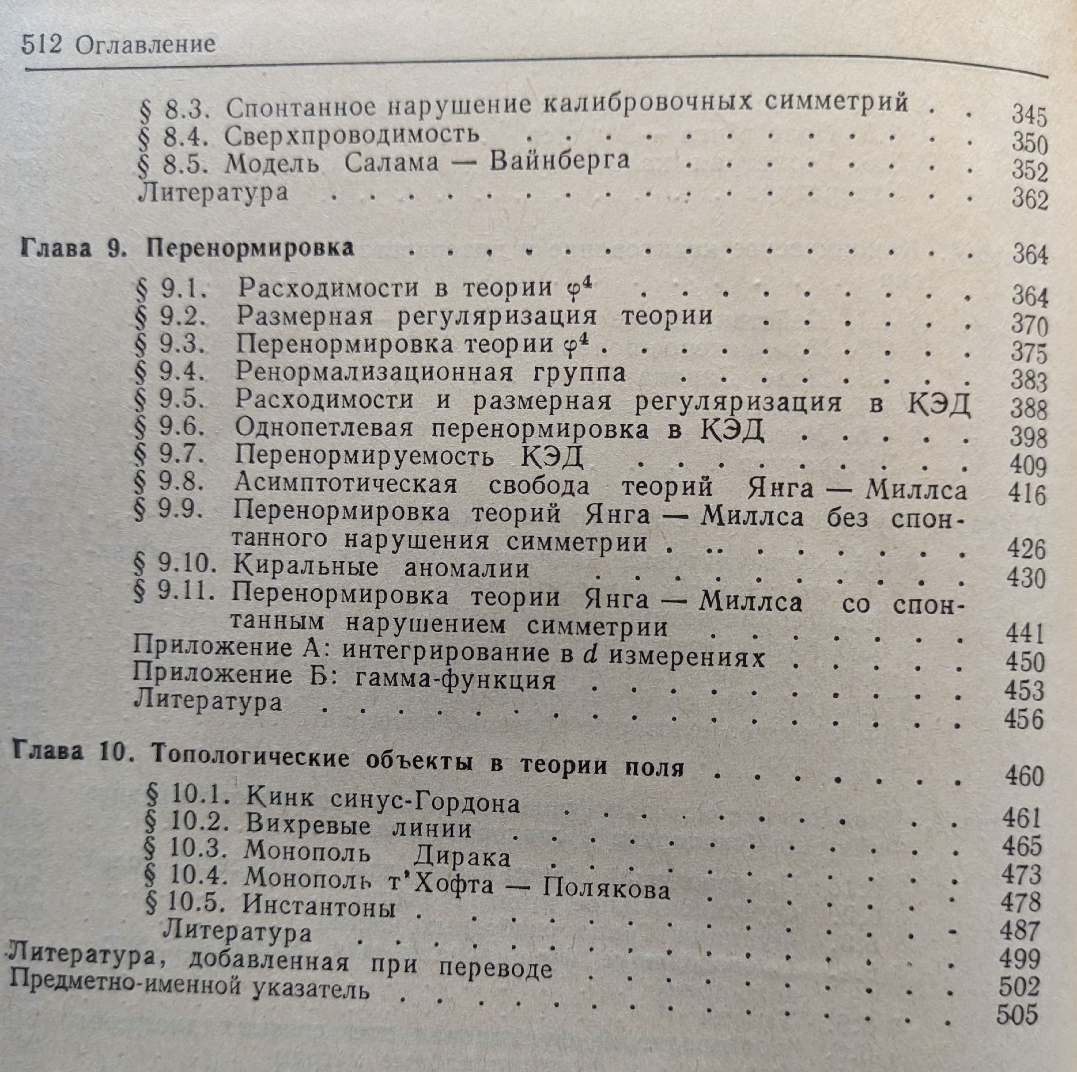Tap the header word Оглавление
tap(145, 44)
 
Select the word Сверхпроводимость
tap(352, 136)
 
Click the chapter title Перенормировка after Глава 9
tap(250, 248)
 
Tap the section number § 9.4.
tap(170, 371)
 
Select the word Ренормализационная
tap(373, 371)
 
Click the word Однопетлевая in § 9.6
tap(324, 428)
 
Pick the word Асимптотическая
tap(345, 485)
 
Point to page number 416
tap(1026, 494)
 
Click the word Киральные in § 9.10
tap(306, 568)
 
